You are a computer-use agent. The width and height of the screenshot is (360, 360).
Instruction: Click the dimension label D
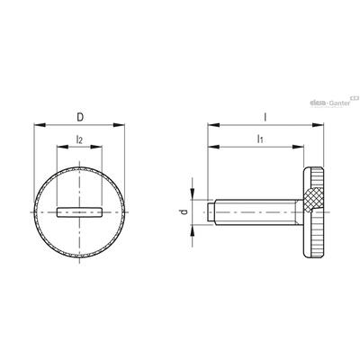coord(80,117)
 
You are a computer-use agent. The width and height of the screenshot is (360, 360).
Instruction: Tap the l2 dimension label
coord(79,139)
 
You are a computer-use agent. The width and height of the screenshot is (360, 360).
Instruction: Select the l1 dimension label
coord(260,139)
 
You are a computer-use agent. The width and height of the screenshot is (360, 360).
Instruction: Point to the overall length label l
coord(265,117)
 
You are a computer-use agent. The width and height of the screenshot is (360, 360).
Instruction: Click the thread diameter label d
coord(184,211)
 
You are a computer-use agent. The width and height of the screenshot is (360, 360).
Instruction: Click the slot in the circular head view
coord(79,212)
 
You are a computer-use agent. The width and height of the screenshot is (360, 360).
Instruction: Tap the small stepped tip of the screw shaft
coord(211,212)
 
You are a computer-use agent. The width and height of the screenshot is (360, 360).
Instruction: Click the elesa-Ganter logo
coord(334,102)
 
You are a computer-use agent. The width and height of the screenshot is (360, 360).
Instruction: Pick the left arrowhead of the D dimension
coord(40,124)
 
